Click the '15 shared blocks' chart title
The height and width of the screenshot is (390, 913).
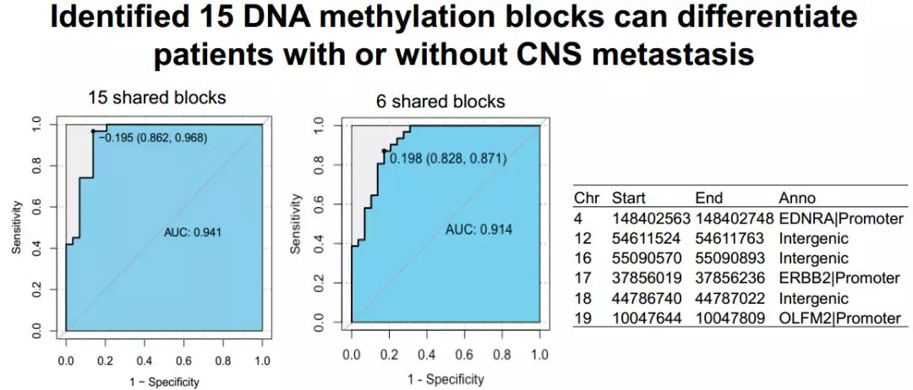click(157, 97)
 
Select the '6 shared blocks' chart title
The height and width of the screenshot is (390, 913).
click(440, 102)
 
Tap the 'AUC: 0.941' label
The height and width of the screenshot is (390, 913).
click(192, 232)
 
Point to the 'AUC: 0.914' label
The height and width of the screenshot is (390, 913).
click(478, 230)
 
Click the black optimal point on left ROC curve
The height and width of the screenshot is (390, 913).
click(93, 131)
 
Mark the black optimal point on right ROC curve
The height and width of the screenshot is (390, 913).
click(385, 151)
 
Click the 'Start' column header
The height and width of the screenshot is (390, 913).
click(629, 199)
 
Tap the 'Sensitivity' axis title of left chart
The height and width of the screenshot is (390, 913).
click(17, 226)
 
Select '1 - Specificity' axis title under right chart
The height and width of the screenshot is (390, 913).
click(442, 379)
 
